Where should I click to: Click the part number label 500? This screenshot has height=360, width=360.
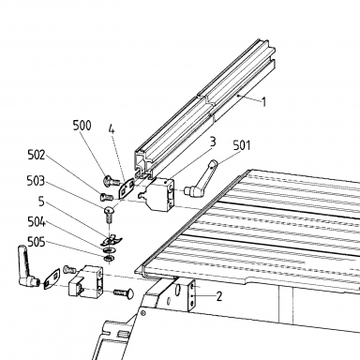coord(82,126)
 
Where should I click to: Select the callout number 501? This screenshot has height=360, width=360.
coord(242,145)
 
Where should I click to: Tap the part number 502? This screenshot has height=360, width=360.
coord(37,155)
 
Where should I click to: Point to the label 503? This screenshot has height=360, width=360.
coord(36,181)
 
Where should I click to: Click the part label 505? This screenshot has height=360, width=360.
coord(37,242)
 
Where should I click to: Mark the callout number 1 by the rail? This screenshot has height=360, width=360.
coord(263,102)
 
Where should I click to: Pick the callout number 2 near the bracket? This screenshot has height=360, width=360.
coord(219,296)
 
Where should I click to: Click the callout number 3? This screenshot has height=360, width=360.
coord(213,142)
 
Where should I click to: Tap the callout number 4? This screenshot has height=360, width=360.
coord(112,128)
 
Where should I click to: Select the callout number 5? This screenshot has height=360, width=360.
coord(41,202)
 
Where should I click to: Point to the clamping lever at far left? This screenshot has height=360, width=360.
coord(28,266)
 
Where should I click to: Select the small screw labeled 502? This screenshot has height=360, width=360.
coord(107,197)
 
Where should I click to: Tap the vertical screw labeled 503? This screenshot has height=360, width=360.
coord(109,214)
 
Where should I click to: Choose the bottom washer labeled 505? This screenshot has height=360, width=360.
coord(109,258)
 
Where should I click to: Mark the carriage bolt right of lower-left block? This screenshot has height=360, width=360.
coord(124,292)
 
